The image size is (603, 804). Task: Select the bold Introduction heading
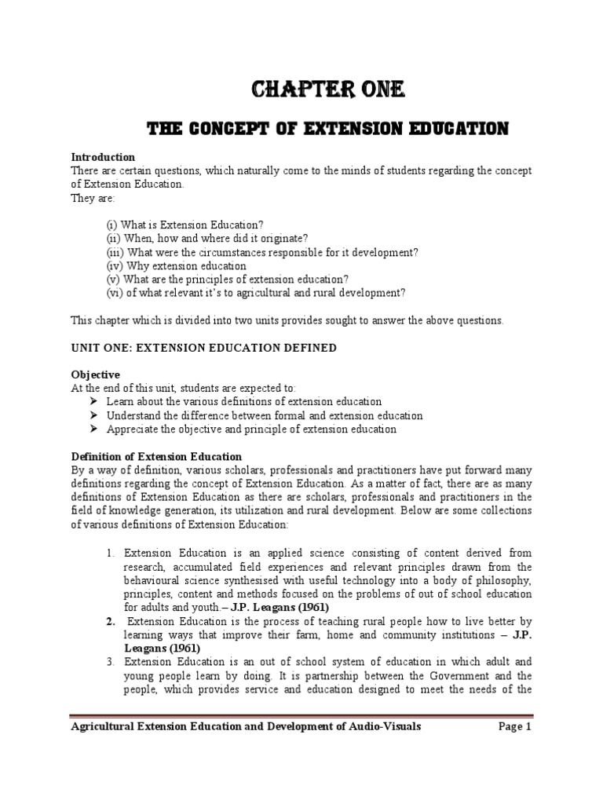(103, 157)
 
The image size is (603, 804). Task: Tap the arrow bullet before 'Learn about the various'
(95, 402)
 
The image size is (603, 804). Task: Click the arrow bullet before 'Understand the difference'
(95, 415)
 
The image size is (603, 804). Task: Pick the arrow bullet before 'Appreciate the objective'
(95, 429)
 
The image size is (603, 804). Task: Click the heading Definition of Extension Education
(156, 456)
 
